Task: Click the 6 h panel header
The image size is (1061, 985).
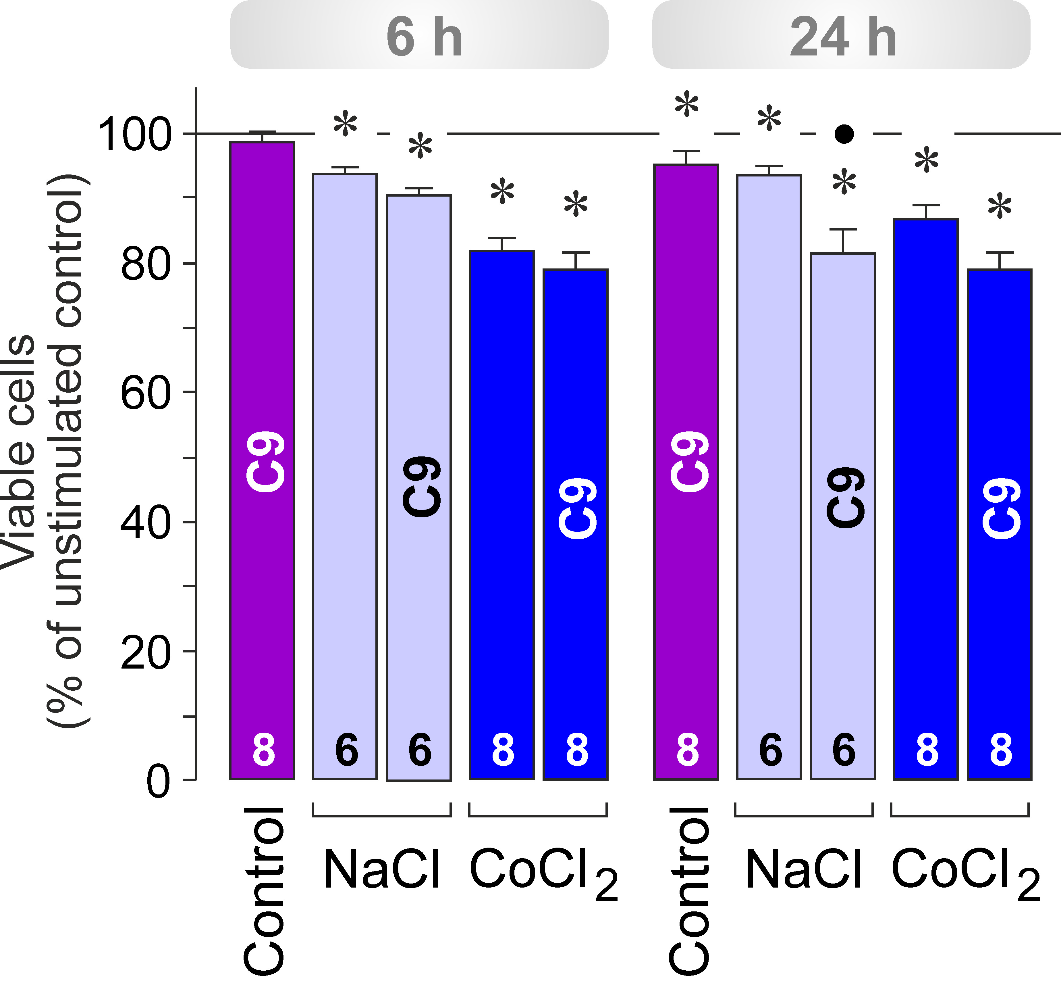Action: click(x=419, y=35)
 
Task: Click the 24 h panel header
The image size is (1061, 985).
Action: click(x=842, y=35)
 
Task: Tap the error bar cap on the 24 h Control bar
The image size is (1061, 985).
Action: click(x=686, y=151)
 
